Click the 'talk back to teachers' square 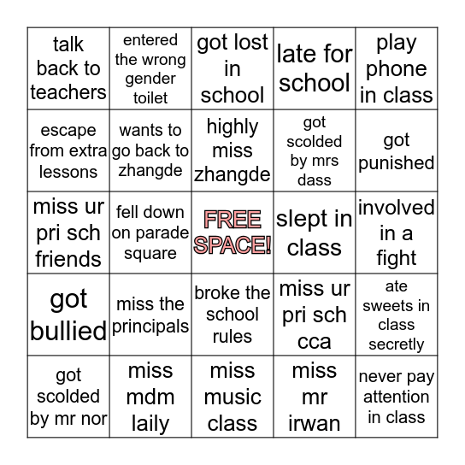[x=68, y=68]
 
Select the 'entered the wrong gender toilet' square [x=150, y=68]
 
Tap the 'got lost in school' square [x=232, y=68]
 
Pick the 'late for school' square [x=315, y=68]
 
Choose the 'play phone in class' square [x=397, y=68]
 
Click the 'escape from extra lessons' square [x=68, y=150]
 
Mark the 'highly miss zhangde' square [x=232, y=150]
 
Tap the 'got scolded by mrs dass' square [x=315, y=150]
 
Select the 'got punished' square [x=397, y=150]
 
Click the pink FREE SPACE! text [x=232, y=232]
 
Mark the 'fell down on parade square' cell [x=150, y=232]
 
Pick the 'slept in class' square [x=315, y=232]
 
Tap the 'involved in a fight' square [x=397, y=232]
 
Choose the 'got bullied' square [x=68, y=315]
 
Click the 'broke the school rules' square [x=232, y=315]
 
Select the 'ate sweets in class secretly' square [x=397, y=315]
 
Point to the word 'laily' [x=150, y=423]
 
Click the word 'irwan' [x=315, y=423]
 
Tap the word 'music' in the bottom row [x=232, y=397]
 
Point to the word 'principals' [x=150, y=326]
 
